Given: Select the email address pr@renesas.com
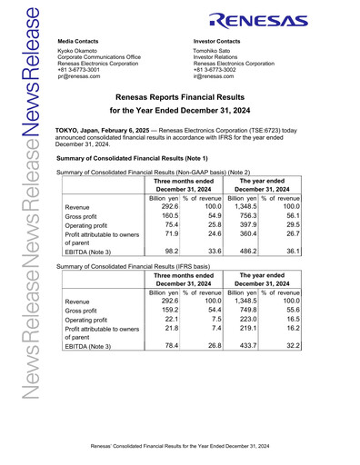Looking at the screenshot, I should point(78,78).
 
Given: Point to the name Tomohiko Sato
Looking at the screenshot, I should point(216,52).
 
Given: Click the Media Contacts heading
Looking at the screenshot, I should point(78,42).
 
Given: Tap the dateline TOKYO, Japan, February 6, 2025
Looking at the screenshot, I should point(103,132).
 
